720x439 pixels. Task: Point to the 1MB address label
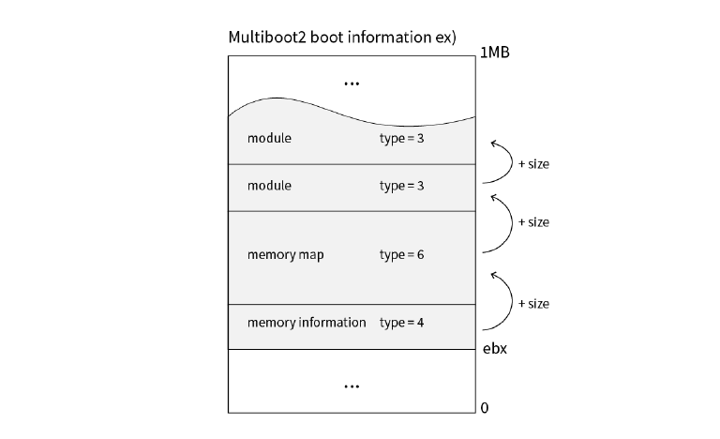click(494, 53)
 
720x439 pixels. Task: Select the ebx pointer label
click(494, 349)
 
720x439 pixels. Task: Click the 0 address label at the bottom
click(484, 408)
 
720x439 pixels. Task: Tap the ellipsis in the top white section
click(352, 84)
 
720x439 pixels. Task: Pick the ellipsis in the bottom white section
click(352, 386)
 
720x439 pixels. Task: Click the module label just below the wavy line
click(269, 139)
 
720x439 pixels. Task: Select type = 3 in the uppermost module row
click(401, 139)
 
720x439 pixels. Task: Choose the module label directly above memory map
click(269, 186)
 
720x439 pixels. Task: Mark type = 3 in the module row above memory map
click(401, 186)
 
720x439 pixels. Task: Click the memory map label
click(285, 255)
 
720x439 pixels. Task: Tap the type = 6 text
click(401, 255)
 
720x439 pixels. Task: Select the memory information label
click(307, 323)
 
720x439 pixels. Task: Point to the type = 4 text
click(401, 323)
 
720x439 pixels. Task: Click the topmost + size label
click(533, 164)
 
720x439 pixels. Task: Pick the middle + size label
click(533, 222)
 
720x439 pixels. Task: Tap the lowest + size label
click(533, 304)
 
